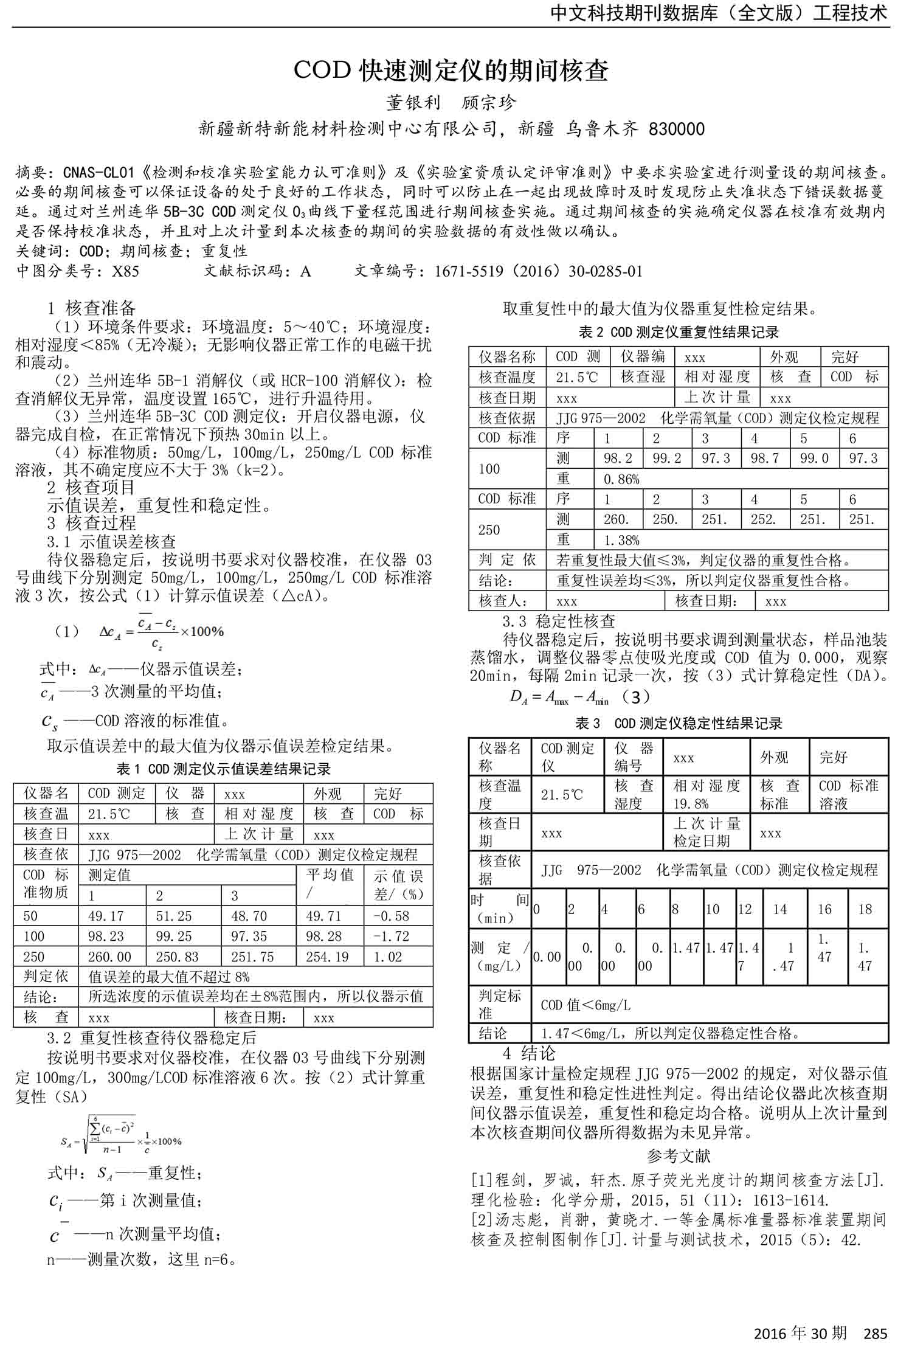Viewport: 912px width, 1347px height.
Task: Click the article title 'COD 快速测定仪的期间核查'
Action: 451,71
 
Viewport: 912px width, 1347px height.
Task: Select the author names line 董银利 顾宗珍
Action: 451,102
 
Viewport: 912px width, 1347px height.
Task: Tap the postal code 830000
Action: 677,130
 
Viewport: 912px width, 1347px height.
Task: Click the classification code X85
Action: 125,271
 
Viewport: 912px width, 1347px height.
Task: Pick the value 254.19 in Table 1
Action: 327,957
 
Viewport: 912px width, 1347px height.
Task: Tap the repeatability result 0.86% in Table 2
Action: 621,479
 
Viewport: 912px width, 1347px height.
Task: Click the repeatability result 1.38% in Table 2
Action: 621,540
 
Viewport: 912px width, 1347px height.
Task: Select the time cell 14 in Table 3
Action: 779,909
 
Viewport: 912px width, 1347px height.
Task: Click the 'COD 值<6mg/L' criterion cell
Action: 585,1005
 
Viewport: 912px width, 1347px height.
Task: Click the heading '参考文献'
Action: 679,1155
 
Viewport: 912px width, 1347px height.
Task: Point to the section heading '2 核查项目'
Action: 91,487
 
